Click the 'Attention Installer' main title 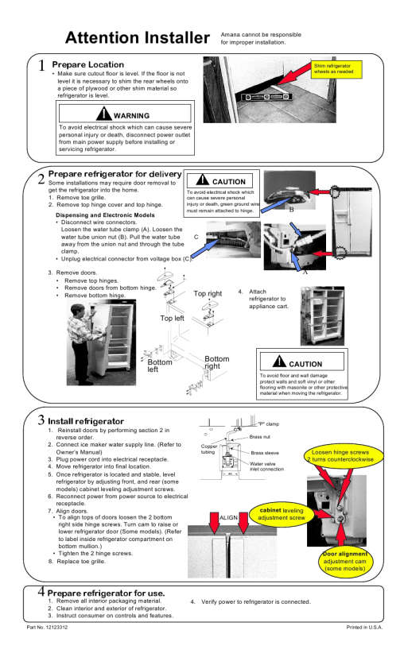coord(138,38)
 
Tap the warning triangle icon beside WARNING coord(104,114)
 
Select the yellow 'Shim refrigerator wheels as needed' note coord(336,69)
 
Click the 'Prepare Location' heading coord(87,64)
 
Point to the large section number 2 coord(41,179)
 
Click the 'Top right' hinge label coord(208,293)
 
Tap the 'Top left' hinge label coord(172,318)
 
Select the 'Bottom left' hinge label coord(160,365)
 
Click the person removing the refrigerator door coord(85,343)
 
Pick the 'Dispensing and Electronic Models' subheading coord(105,215)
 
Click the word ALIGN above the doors coord(228,517)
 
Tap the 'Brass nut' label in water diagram coord(260,437)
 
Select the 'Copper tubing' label coord(209,449)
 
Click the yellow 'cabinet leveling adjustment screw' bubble coord(281,514)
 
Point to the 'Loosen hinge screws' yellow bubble coord(343,455)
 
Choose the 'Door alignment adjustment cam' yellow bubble coord(344,561)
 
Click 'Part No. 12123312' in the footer coord(47,627)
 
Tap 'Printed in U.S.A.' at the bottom coord(364,627)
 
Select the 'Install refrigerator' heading coord(86,421)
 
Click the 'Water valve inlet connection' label coord(266,466)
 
